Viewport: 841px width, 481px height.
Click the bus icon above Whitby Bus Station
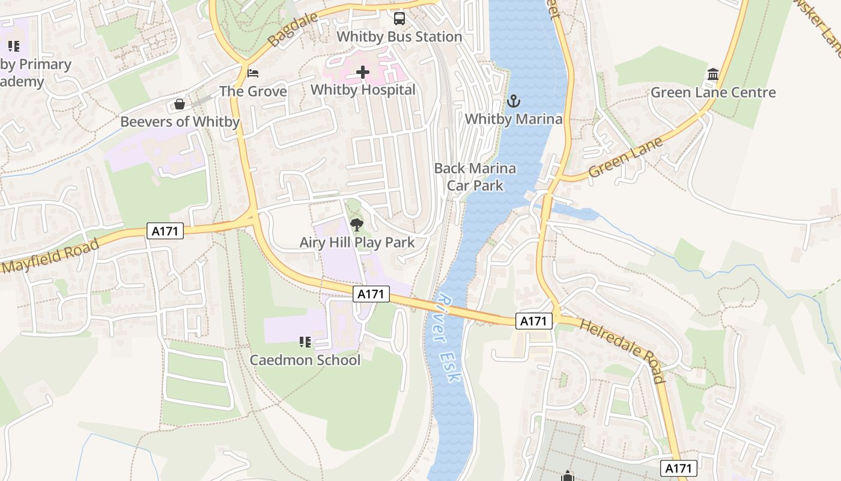[399, 19]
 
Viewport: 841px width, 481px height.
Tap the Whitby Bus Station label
[399, 37]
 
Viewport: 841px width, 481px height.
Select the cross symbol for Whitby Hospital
[363, 73]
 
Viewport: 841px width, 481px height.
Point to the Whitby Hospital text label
[363, 90]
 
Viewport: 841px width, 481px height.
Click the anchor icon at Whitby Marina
[513, 101]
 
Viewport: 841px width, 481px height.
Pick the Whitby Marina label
[514, 119]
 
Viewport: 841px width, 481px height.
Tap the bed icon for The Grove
[254, 73]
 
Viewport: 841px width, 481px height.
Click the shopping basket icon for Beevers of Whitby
[179, 105]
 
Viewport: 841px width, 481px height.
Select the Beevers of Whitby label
[180, 122]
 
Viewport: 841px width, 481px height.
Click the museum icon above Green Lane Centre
[713, 75]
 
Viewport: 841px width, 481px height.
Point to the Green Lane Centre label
[713, 93]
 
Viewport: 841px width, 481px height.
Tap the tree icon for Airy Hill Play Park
[357, 225]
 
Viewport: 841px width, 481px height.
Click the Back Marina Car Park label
[475, 177]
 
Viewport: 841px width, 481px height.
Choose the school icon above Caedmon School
[305, 342]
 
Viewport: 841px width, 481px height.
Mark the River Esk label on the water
[449, 338]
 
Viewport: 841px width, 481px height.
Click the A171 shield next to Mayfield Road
[165, 231]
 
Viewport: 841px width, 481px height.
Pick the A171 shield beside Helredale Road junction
[533, 321]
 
